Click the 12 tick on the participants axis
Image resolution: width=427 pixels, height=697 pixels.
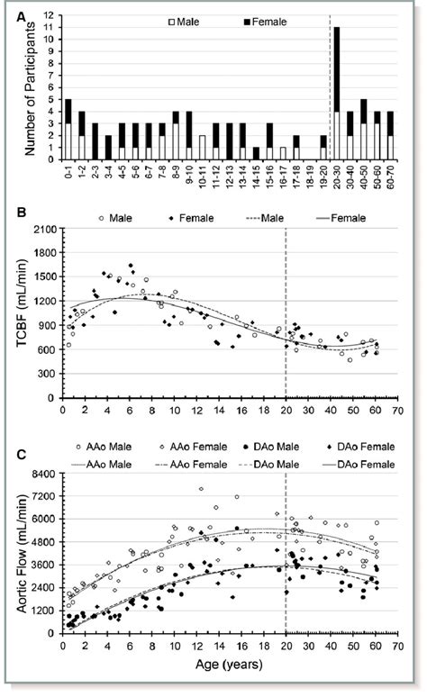[45, 15]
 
